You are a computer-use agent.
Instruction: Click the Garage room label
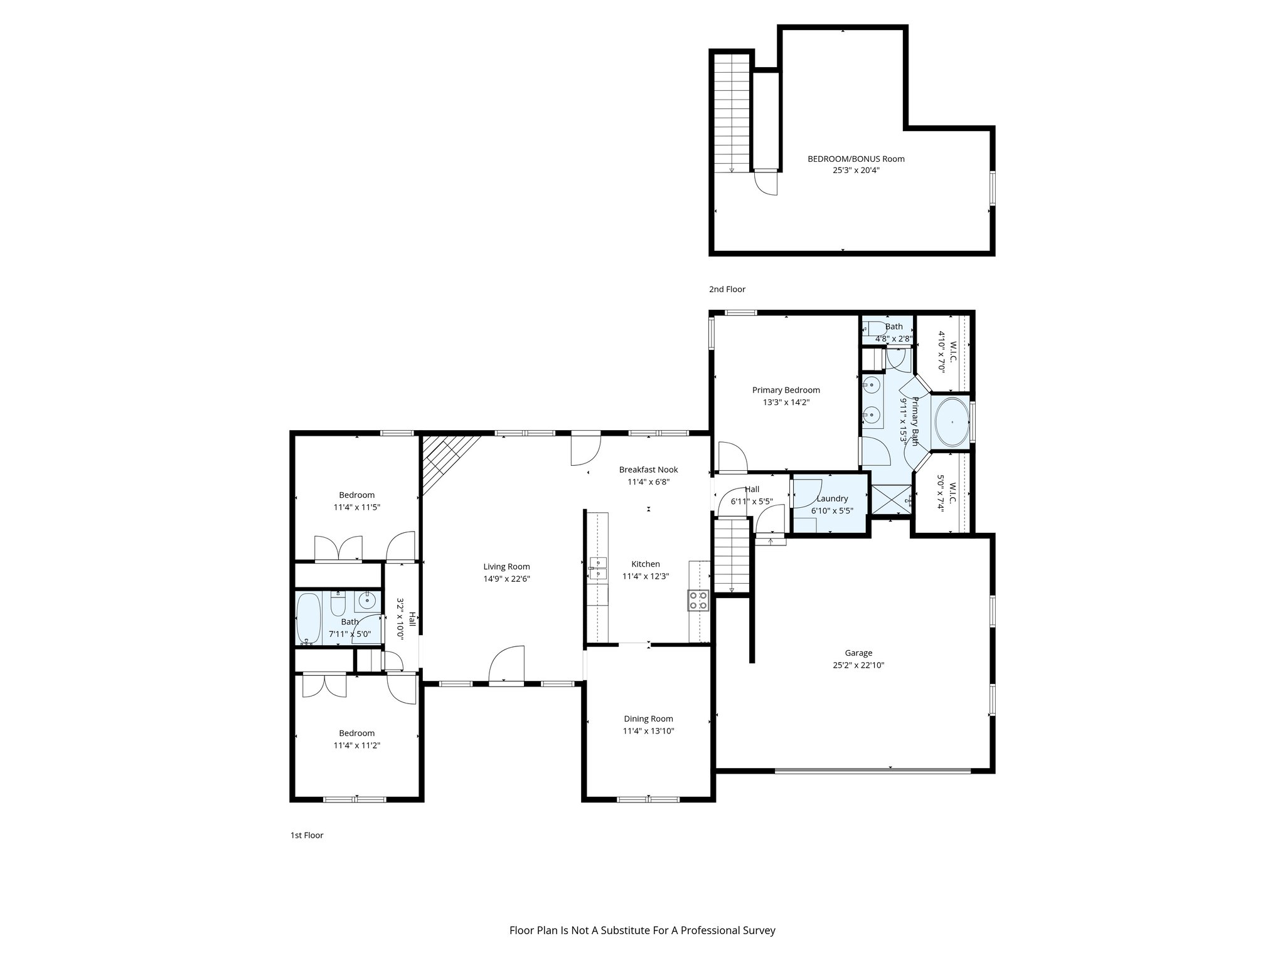pos(858,653)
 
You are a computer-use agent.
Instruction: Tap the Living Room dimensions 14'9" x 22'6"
pos(506,579)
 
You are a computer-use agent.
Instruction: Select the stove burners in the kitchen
pos(698,601)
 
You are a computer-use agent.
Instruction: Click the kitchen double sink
pos(598,567)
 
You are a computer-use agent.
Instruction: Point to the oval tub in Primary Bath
pos(952,422)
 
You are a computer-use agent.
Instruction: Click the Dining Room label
pos(648,718)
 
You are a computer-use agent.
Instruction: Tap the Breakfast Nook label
pos(648,470)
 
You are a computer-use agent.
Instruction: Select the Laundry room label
pos(832,498)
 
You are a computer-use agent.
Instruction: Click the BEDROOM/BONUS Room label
pos(856,159)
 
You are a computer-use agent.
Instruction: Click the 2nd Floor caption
pos(727,289)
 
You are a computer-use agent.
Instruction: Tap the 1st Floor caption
pos(307,835)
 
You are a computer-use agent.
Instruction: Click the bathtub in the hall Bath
pos(308,618)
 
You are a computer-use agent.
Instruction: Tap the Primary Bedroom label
pos(786,390)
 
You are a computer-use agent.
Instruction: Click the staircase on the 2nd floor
pos(732,113)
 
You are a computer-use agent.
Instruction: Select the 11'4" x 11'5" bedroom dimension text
pos(356,507)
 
